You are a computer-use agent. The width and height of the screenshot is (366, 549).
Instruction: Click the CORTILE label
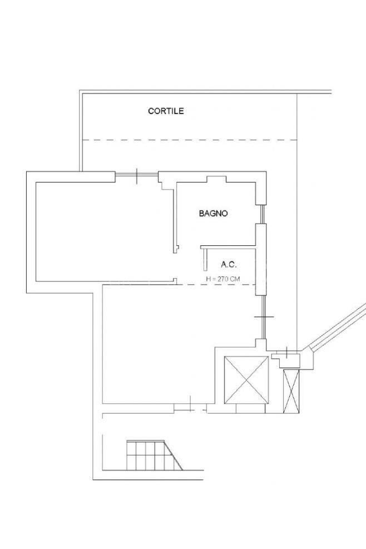pos(166,111)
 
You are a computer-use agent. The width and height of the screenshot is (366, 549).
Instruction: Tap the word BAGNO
pos(213,213)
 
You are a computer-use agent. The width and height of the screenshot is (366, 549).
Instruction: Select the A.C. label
pos(229,265)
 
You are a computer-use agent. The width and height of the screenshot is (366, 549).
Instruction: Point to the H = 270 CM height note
pos(223,279)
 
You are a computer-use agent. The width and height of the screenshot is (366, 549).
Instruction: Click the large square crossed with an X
pos(246,379)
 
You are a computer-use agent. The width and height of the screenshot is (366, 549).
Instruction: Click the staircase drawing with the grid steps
pos(155,455)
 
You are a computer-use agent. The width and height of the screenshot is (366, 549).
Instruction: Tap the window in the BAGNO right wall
pos(262,214)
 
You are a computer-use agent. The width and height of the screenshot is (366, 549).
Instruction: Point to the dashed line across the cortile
pos(190,140)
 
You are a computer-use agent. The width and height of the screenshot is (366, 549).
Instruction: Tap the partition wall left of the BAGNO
pos(175,217)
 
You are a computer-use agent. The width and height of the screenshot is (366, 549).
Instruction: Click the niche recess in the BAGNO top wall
pos(216,179)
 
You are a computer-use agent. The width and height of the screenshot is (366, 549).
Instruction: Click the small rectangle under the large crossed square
pos(250,408)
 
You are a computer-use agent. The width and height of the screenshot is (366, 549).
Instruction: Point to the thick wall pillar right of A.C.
pos(260,259)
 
